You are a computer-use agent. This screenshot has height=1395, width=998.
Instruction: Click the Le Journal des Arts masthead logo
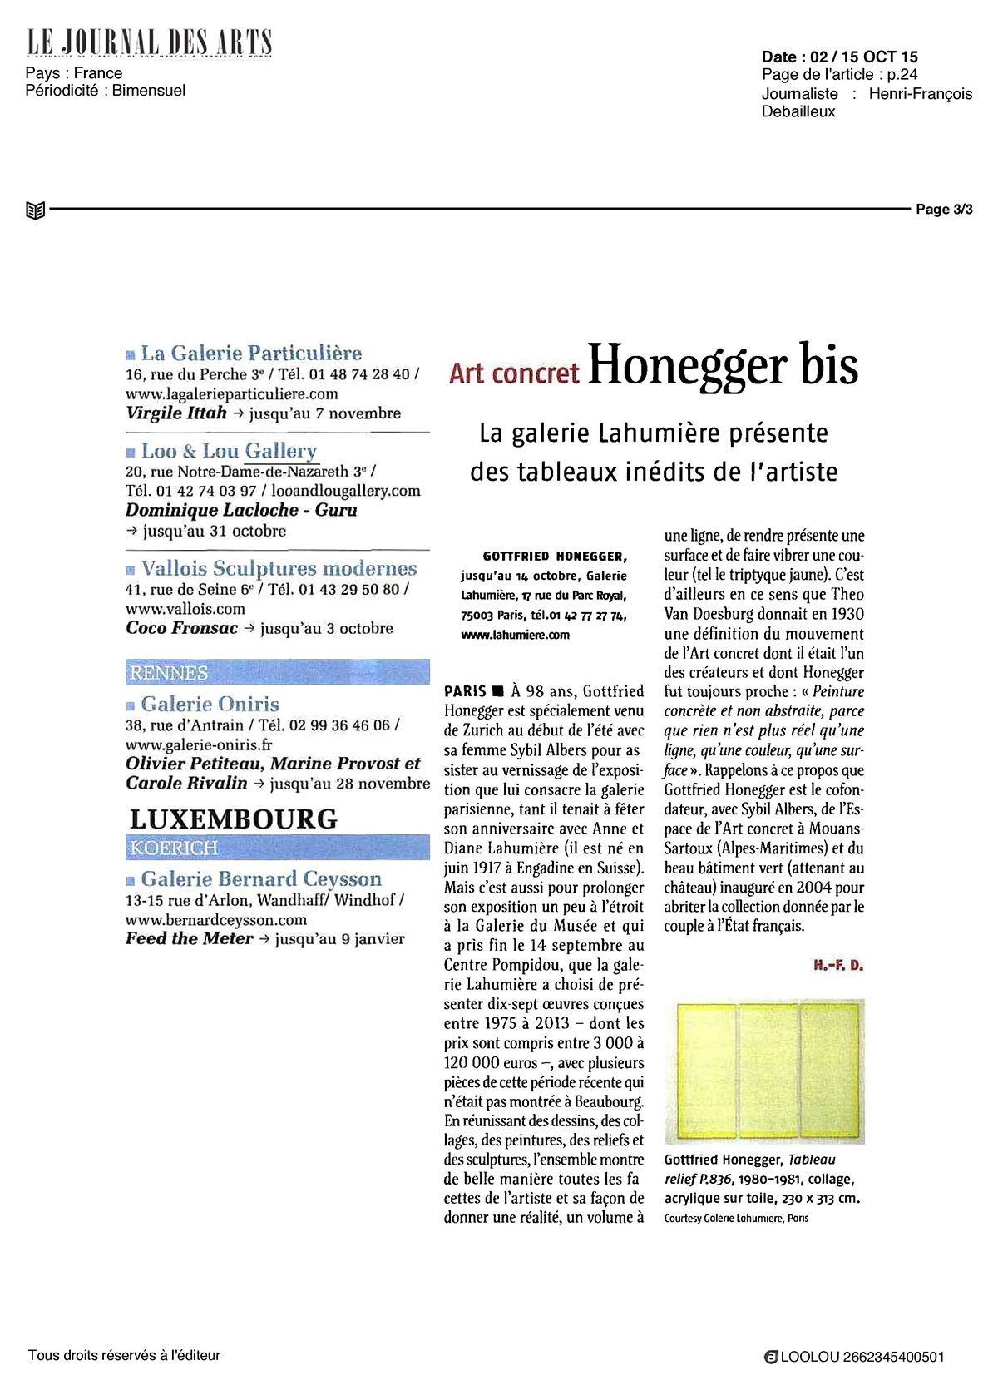pyautogui.click(x=150, y=42)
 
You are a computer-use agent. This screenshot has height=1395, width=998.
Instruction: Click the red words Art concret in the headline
pyautogui.click(x=514, y=373)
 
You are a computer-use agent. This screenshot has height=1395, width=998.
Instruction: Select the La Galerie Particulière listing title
pyautogui.click(x=250, y=354)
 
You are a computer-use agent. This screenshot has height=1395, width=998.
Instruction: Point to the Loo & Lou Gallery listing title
pyautogui.click(x=229, y=452)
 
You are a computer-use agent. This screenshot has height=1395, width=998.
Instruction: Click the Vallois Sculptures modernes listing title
pyautogui.click(x=279, y=569)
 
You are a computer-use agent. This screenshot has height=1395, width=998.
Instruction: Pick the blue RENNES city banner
pyautogui.click(x=167, y=672)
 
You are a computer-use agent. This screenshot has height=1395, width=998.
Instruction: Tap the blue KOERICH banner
pyautogui.click(x=173, y=848)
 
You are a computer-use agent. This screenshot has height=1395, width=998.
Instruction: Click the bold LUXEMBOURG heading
pyautogui.click(x=234, y=819)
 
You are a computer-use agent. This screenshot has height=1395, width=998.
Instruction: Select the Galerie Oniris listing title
pyautogui.click(x=210, y=705)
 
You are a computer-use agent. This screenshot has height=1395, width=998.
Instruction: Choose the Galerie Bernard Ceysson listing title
pyautogui.click(x=260, y=879)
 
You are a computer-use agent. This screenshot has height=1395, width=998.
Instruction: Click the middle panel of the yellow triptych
pyautogui.click(x=768, y=1070)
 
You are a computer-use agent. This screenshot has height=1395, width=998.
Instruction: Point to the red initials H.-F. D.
pyautogui.click(x=838, y=966)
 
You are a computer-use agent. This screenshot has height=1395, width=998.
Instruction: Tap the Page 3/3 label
pyautogui.click(x=944, y=210)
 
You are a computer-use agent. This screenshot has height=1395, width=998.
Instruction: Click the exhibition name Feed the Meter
pyautogui.click(x=189, y=939)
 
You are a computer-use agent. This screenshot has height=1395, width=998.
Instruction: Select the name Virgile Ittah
pyautogui.click(x=175, y=413)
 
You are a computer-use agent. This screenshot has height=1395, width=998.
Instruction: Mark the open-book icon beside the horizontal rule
pyautogui.click(x=35, y=210)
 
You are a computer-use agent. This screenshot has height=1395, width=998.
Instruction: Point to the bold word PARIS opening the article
pyautogui.click(x=466, y=691)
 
